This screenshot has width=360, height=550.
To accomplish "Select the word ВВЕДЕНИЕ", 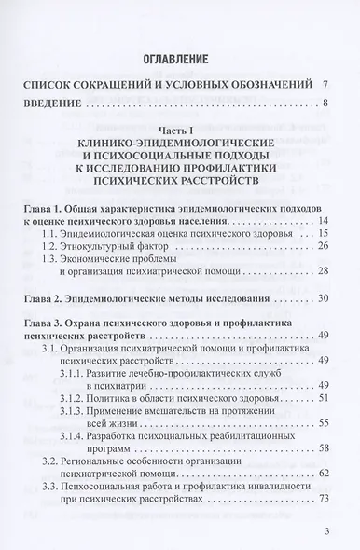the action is pyautogui.click(x=60, y=103).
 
